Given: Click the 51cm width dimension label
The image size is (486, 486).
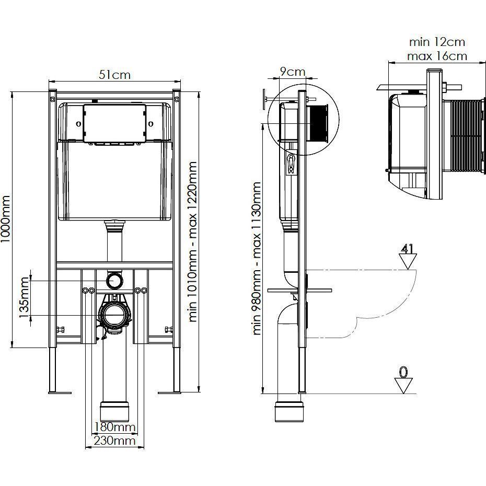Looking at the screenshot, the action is [x=114, y=75].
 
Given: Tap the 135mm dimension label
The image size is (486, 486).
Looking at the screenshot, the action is [x=24, y=297].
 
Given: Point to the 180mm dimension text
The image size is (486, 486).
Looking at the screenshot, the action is [x=114, y=427].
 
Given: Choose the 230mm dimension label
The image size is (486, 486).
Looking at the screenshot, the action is [x=114, y=441].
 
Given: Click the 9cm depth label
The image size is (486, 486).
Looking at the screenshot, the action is [x=293, y=72].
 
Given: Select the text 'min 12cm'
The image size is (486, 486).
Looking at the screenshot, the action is [x=437, y=42].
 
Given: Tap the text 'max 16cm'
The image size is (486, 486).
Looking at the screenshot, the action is [x=437, y=56].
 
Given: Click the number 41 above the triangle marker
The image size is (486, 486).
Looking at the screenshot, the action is [x=407, y=249].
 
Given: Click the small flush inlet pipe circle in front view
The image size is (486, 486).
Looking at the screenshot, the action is [x=114, y=280].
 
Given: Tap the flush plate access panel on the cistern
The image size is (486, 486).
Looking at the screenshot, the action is [x=114, y=123].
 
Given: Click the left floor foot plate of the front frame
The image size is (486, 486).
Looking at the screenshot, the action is [x=60, y=392].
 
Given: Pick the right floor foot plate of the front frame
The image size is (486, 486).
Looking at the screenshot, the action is [x=169, y=392].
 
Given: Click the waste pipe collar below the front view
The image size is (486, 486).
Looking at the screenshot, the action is [x=114, y=411].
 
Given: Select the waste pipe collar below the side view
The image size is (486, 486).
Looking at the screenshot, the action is [x=290, y=411].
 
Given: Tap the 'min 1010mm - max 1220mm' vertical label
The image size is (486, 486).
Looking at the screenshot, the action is [x=193, y=242].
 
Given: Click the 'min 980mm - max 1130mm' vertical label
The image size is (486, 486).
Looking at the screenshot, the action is [x=257, y=258].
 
